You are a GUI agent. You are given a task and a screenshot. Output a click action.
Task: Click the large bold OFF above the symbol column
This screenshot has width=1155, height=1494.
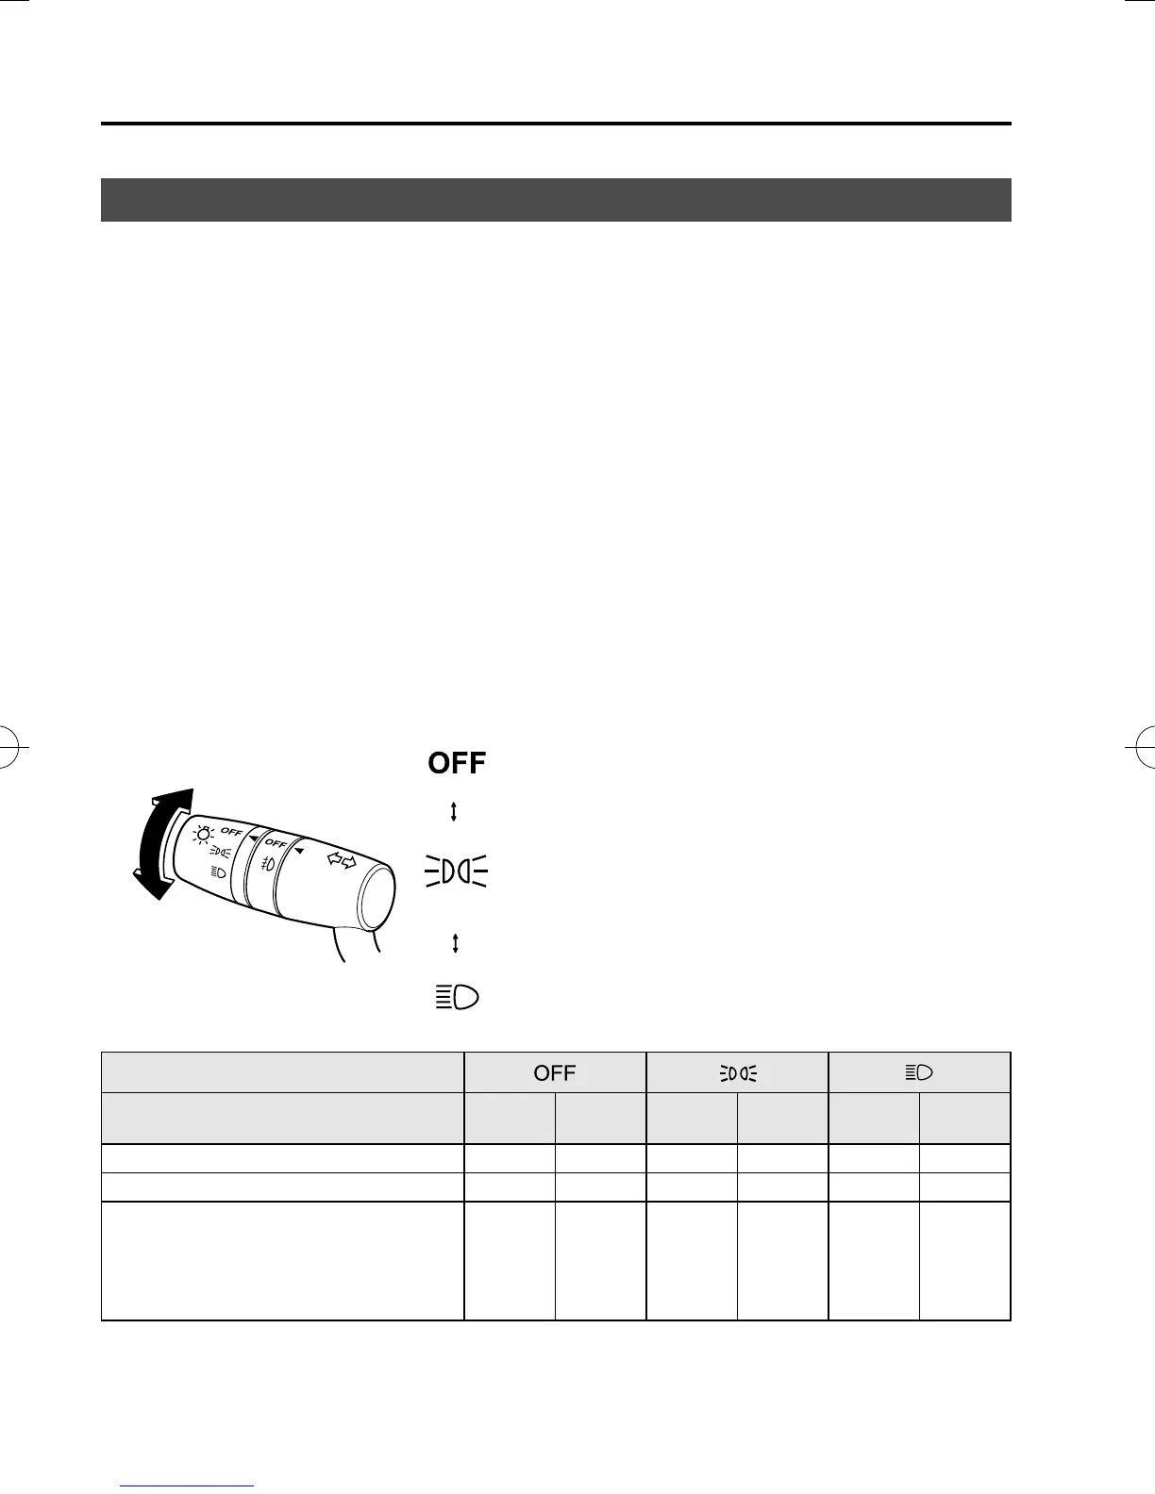coord(457,762)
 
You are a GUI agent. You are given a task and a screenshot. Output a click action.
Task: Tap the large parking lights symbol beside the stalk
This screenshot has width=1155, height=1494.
coord(456,871)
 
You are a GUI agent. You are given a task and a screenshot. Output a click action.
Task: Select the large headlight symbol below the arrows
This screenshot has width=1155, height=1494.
coord(457,997)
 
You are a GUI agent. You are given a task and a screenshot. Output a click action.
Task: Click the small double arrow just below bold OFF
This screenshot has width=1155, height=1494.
coord(453,812)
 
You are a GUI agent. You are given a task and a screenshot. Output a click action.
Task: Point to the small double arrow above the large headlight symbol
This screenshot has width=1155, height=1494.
coord(455,943)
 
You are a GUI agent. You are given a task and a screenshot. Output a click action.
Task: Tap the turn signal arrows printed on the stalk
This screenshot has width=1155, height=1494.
coord(342,859)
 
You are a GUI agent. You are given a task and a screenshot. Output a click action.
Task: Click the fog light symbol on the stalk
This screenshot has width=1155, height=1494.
coord(268,864)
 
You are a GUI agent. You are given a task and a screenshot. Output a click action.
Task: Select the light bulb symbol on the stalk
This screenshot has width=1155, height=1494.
coord(203,834)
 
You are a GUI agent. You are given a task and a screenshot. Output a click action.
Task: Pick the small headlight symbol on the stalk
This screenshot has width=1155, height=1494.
coord(218,872)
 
